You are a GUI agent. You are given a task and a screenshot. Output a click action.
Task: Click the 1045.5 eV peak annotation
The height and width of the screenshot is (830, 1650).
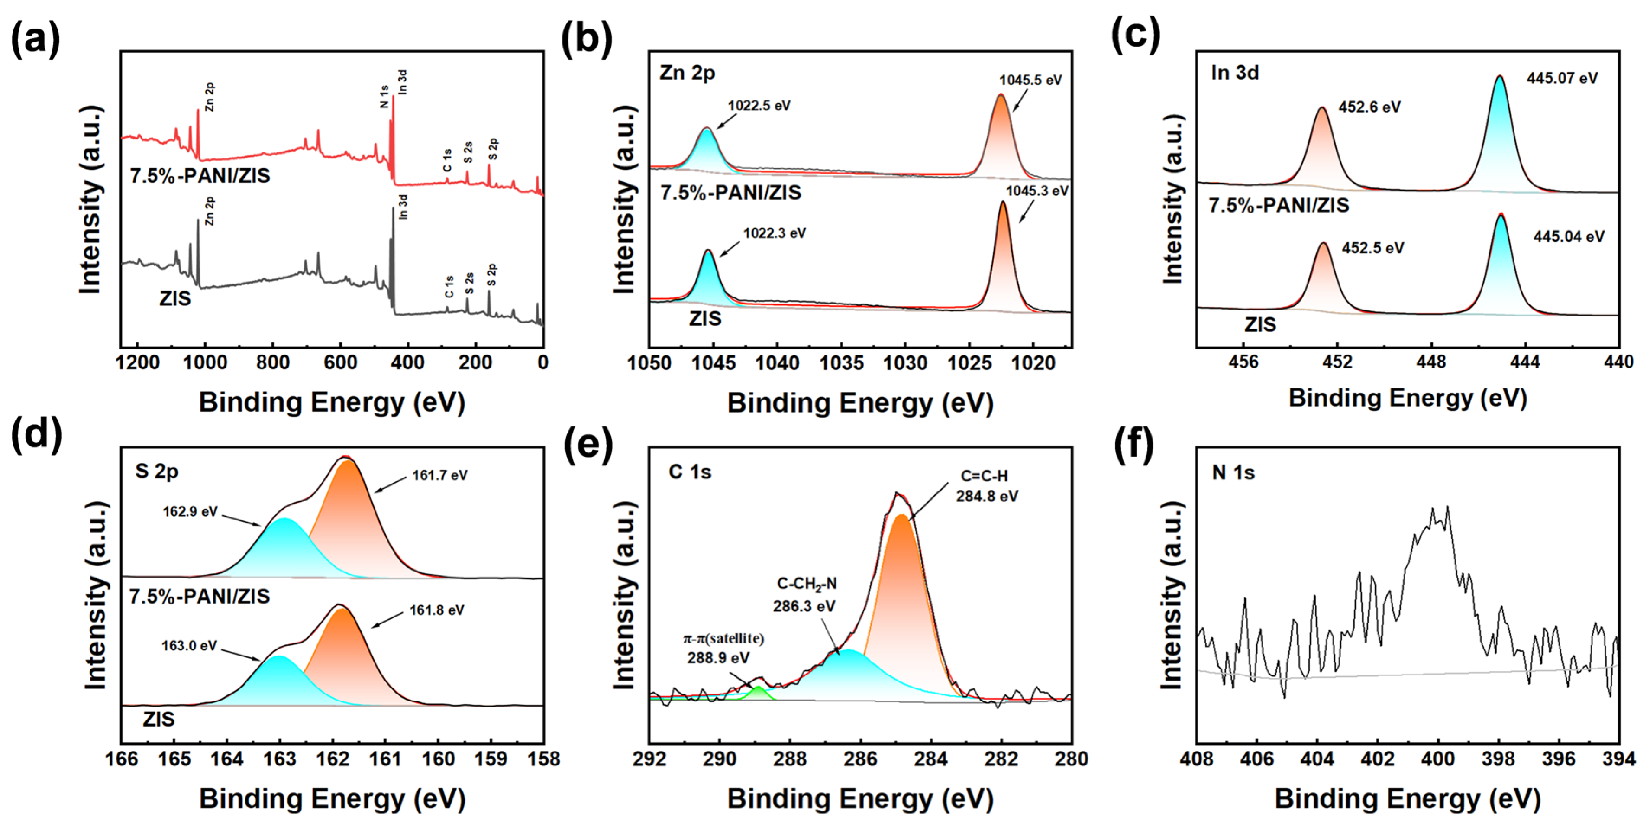pos(1030,80)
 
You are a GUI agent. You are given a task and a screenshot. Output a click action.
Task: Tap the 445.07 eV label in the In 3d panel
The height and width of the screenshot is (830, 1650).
pos(1562,78)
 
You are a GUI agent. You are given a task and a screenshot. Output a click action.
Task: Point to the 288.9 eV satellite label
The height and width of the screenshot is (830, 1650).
pos(718,658)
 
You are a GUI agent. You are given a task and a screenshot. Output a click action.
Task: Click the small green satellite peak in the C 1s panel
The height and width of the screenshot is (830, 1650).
pos(759,692)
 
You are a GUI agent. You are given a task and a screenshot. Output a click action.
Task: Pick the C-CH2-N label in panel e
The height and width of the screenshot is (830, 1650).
pos(807,584)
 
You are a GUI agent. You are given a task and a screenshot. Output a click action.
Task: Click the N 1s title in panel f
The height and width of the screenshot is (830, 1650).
pos(1233,473)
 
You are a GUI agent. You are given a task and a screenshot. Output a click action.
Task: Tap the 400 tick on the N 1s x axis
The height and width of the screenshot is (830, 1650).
pos(1438,759)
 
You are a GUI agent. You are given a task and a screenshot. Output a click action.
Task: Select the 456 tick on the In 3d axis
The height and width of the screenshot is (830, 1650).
pos(1243,362)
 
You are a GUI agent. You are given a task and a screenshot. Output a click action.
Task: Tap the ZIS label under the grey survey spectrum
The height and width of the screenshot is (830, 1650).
pos(175,298)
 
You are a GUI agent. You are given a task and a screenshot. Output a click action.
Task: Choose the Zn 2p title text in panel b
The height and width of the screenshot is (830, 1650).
pos(687,73)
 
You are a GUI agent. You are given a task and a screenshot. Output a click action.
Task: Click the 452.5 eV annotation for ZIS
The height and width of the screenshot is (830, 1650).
pos(1372,248)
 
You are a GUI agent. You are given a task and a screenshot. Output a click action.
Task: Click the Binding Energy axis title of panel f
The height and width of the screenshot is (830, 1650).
pos(1407,799)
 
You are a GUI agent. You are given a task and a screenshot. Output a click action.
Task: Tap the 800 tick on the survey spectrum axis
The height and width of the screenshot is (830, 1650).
pos(272,363)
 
